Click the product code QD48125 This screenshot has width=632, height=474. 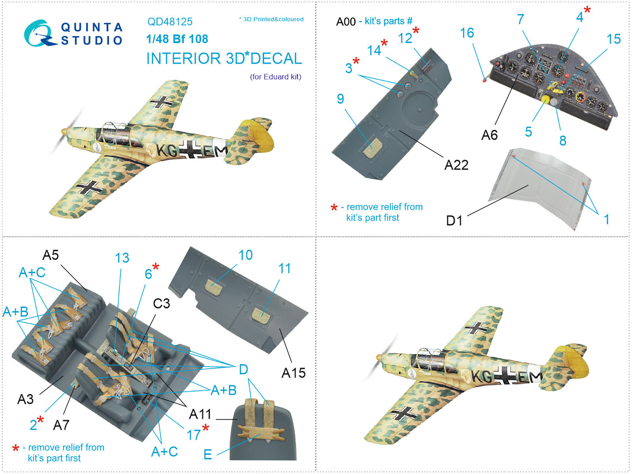169,22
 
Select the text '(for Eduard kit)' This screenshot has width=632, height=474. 276,77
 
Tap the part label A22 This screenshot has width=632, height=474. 456,165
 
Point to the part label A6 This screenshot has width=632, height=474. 489,135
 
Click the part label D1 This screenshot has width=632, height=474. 454,220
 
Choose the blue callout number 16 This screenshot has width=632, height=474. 467,33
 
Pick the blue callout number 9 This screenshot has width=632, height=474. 340,99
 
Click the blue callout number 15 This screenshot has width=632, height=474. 613,39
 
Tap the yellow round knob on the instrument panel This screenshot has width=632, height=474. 545,99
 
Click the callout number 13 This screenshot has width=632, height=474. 122,258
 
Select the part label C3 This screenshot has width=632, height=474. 162,303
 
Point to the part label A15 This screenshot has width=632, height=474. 293,373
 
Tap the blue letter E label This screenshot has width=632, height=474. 208,455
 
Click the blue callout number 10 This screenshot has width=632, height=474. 246,255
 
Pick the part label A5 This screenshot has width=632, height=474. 51,255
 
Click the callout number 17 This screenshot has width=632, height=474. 194,435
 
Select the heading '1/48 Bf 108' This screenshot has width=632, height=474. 177,39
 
